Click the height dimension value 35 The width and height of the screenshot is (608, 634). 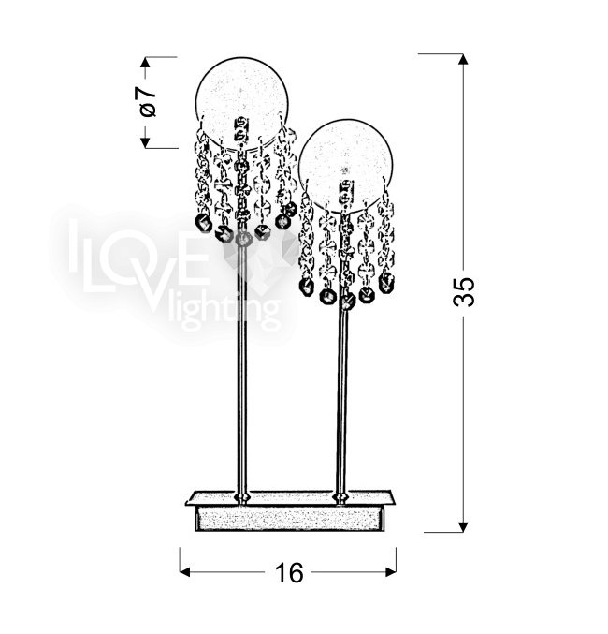[463, 291]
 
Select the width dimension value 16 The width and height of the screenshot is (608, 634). [288, 573]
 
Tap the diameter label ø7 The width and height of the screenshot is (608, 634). [148, 102]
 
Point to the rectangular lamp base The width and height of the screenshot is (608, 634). [289, 511]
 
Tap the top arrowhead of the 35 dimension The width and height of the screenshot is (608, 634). [463, 59]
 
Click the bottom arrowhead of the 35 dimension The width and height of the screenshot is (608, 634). [463, 526]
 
